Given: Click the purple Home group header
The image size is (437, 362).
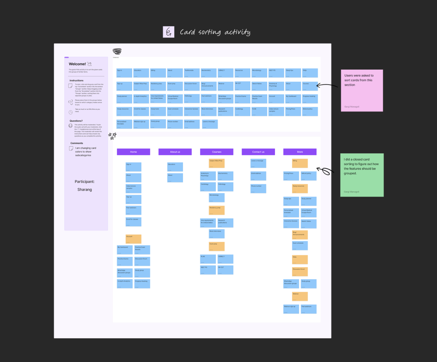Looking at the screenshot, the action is tap(133, 152).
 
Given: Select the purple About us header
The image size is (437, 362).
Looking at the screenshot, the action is tap(175, 152).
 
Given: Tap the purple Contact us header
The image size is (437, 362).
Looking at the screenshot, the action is tap(258, 152).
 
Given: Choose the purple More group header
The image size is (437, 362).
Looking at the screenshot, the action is tap(300, 152).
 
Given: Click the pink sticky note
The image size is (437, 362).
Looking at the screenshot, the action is tap(362, 90).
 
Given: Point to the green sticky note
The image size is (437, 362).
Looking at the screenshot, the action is tap(362, 175).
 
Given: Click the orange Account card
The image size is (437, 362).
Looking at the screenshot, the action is tap(133, 239).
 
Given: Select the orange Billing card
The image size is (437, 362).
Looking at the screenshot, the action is tap(300, 163).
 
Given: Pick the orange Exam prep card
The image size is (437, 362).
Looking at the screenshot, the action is tap(217, 246).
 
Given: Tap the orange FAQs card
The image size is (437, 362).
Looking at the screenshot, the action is tap(300, 259).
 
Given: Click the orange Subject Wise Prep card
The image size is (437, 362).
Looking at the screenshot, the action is tap(217, 163).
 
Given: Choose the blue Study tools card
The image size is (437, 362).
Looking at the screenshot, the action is tap(158, 111).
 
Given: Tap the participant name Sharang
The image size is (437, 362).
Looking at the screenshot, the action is tap(85, 189).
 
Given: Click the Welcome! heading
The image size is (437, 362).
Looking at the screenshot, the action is tap(78, 64).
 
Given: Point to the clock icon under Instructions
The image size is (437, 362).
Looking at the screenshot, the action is tap(71, 112).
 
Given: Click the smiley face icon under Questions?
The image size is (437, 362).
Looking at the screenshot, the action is tap(71, 126).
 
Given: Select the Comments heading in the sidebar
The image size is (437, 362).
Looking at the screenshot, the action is tap(77, 143).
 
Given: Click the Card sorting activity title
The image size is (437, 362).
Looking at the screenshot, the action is tap(215, 32).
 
